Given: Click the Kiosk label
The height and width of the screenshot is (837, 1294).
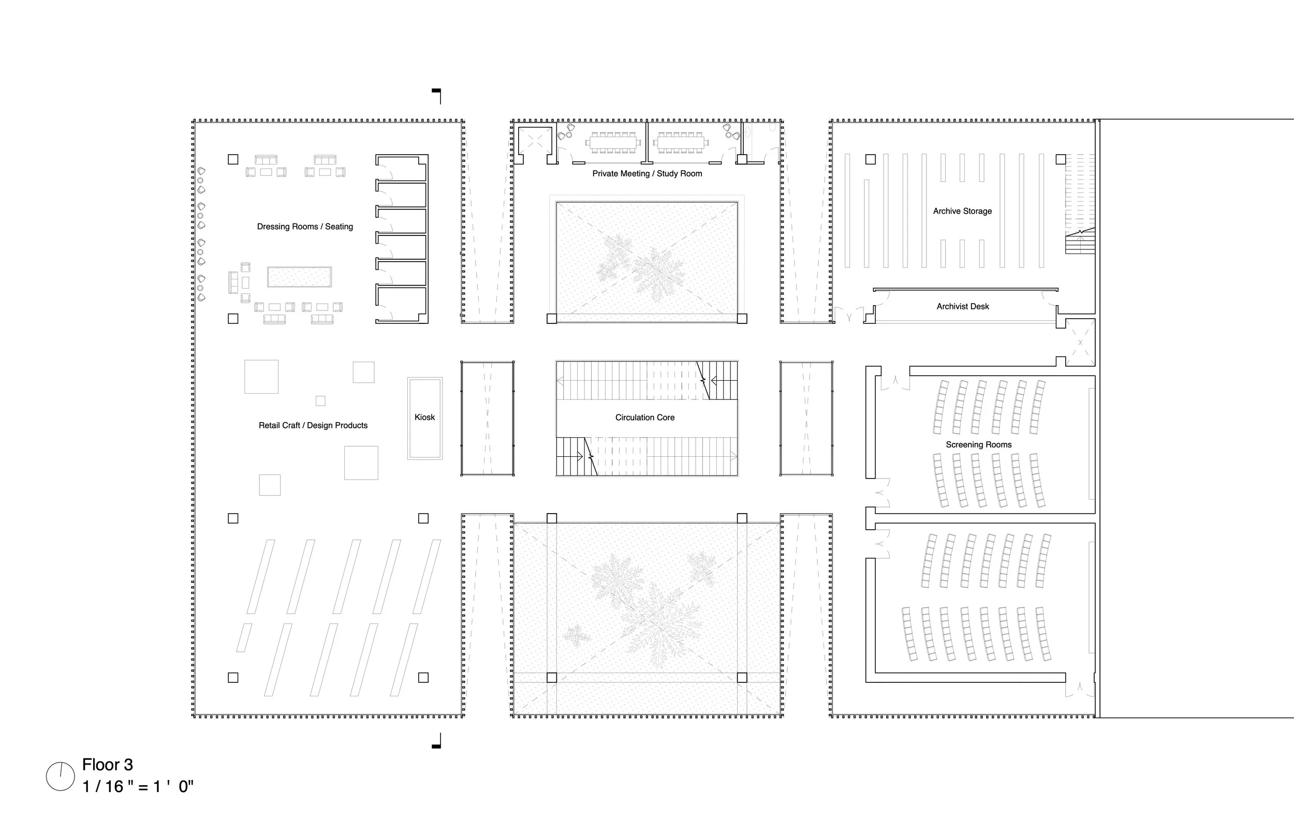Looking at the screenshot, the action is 424,417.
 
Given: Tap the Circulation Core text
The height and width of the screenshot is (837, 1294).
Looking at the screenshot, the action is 645,417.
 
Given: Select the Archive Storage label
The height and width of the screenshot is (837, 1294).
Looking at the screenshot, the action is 962,211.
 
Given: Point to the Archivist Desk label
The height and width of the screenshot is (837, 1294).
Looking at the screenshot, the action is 962,307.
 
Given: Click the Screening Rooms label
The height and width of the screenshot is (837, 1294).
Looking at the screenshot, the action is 979,444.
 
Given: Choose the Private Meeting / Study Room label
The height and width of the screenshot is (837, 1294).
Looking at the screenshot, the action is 647,173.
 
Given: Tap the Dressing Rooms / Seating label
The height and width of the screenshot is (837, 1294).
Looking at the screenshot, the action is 305,227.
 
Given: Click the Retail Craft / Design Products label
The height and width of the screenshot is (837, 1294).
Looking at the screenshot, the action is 313,426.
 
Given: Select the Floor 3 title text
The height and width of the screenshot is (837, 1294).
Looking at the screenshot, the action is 108,765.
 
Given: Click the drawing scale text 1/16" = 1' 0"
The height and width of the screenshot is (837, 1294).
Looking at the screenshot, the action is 138,786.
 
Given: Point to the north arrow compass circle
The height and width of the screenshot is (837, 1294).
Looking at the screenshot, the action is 61,776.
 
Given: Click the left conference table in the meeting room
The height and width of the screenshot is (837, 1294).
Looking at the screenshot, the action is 613,143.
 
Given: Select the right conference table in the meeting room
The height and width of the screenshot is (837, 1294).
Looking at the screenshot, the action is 681,143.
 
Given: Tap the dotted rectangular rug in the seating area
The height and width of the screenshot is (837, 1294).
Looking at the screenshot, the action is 299,277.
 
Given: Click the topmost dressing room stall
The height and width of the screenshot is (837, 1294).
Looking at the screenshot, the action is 401,168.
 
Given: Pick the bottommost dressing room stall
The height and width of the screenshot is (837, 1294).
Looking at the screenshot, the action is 401,305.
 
